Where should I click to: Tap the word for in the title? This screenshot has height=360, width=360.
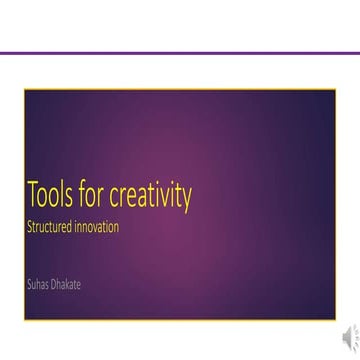(101, 197)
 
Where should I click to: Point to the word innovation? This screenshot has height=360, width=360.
(99, 226)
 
